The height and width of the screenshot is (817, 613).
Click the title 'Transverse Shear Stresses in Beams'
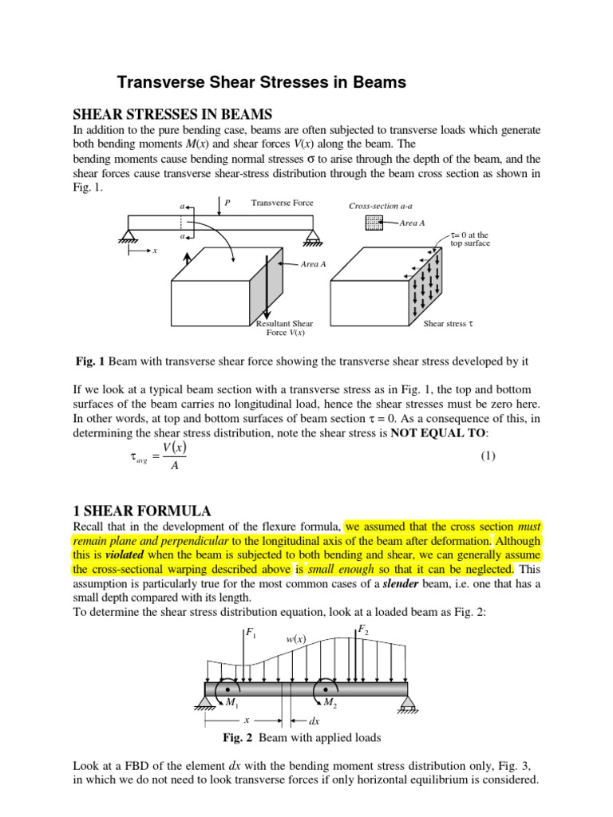[262, 82]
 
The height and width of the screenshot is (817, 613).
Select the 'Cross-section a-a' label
[380, 206]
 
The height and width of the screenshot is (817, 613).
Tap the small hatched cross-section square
[374, 223]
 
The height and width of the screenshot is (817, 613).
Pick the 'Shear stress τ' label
[449, 324]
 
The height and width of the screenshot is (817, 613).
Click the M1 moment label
[232, 702]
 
